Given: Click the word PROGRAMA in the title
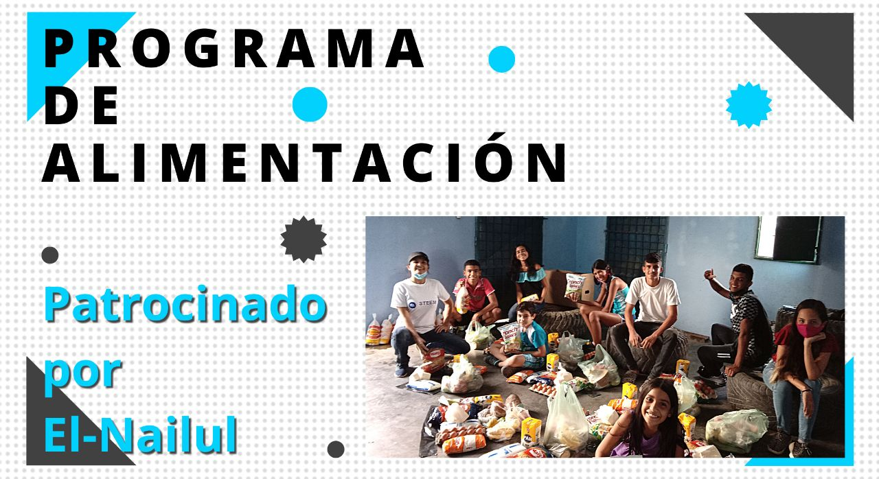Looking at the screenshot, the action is [233, 49].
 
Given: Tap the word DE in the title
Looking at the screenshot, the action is [81, 105].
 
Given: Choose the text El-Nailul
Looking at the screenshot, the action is [141, 434].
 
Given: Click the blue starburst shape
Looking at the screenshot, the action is [749, 105].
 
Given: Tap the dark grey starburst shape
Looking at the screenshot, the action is [304, 239].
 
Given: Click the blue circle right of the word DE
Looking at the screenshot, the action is [310, 104].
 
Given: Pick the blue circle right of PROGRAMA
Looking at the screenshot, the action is [501, 59].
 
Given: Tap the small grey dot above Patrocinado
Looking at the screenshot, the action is [50, 255].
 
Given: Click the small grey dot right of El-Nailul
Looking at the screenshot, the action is [336, 449].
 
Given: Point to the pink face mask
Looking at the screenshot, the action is [808, 329].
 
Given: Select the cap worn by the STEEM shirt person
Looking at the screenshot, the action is [418, 257].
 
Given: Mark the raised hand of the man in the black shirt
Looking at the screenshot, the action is [709, 274].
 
